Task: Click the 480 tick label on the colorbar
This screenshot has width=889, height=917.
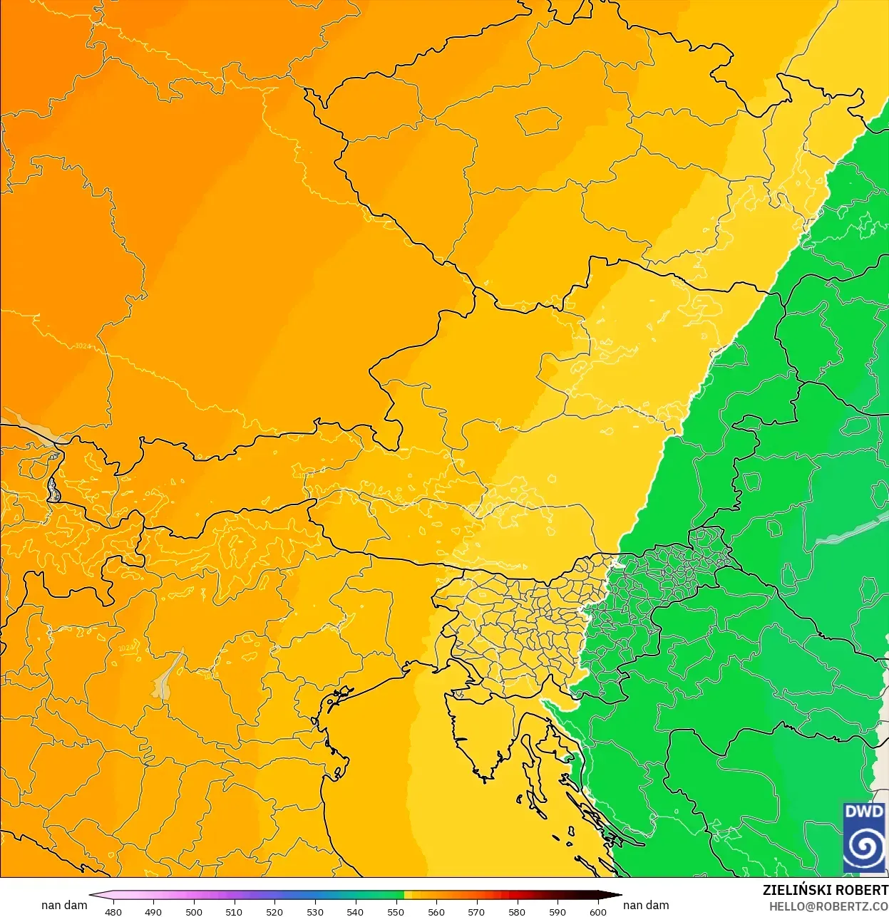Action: (x=113, y=911)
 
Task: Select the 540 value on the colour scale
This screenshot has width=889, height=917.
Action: (x=355, y=911)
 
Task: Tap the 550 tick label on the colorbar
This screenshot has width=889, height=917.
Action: (x=396, y=911)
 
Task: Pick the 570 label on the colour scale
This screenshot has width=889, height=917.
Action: (x=476, y=911)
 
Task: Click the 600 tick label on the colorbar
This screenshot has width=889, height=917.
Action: (x=597, y=911)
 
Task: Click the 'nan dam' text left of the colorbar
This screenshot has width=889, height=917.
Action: (x=64, y=905)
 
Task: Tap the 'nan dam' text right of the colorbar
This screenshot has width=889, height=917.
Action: (x=646, y=905)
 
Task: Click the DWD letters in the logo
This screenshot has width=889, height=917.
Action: (x=864, y=812)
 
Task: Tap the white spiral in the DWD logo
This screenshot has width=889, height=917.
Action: (x=864, y=847)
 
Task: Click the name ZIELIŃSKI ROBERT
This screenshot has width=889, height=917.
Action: (x=825, y=890)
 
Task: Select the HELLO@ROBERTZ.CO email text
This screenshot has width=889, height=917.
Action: (x=828, y=906)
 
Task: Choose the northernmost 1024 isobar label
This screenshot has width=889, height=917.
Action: (x=82, y=346)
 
